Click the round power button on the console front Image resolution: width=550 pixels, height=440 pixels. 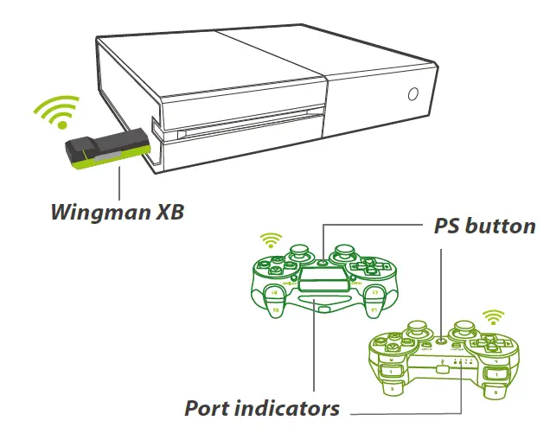coord(413,95)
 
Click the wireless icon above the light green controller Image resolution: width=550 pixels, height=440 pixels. coord(493,316)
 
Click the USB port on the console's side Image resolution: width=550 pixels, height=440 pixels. coord(155,130)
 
